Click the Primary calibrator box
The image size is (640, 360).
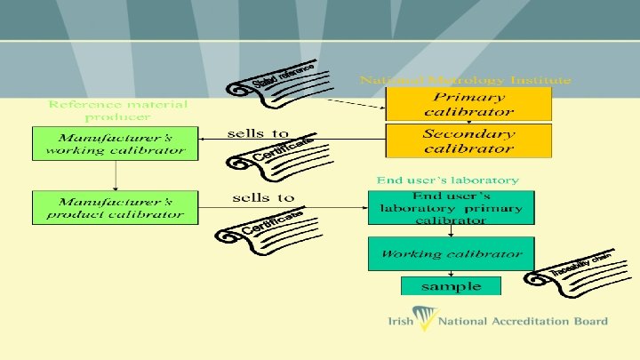pyautogui.click(x=468, y=104)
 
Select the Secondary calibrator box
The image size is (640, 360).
pyautogui.click(x=468, y=140)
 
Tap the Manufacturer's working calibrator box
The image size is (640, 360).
pyautogui.click(x=115, y=144)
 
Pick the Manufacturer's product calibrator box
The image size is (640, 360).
pyautogui.click(x=115, y=207)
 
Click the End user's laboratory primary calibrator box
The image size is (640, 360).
pyautogui.click(x=452, y=207)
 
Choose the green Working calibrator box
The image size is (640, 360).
pyautogui.click(x=452, y=254)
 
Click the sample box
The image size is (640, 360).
pyautogui.click(x=452, y=286)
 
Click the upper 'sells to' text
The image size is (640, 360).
pyautogui.click(x=259, y=133)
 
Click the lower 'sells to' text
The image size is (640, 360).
pyautogui.click(x=263, y=197)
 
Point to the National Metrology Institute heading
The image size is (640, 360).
pyautogui.click(x=465, y=80)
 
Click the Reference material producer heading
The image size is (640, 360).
pyautogui.click(x=117, y=110)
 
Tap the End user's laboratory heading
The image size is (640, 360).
pyautogui.click(x=447, y=180)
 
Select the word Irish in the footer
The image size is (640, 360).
pyautogui.click(x=400, y=322)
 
